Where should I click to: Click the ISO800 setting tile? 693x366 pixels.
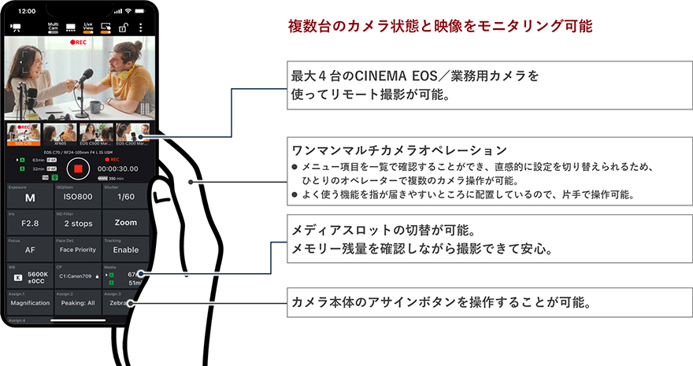pyautogui.click(x=78, y=198)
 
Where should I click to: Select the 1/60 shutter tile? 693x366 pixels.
pyautogui.click(x=125, y=198)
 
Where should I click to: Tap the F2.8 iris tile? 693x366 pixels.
pyautogui.click(x=30, y=223)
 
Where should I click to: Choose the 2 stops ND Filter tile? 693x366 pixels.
pyautogui.click(x=78, y=223)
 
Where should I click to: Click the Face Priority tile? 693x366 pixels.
pyautogui.click(x=78, y=250)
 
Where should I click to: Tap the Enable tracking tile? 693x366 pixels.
pyautogui.click(x=125, y=250)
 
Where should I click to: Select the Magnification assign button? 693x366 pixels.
pyautogui.click(x=30, y=302)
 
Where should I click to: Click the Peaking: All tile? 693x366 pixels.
pyautogui.click(x=78, y=302)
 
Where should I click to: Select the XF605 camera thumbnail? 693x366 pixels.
pyautogui.click(x=60, y=135)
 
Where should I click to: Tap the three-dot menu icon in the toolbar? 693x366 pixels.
pyautogui.click(x=141, y=27)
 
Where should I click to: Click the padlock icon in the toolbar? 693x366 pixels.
pyautogui.click(x=123, y=28)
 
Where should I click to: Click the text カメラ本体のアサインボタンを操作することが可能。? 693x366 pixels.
pyautogui.click(x=442, y=302)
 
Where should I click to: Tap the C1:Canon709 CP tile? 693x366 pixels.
pyautogui.click(x=78, y=276)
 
